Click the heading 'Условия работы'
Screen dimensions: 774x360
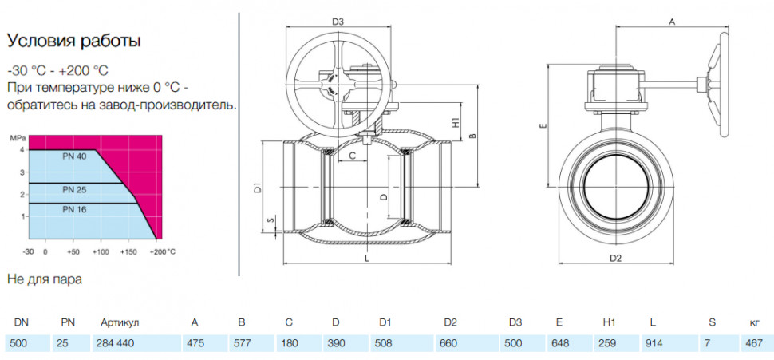point(73,41)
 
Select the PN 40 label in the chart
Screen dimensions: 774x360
point(74,156)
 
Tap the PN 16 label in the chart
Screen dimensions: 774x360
point(74,209)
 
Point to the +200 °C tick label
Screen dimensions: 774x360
point(164,251)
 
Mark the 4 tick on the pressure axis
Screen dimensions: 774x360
point(22,149)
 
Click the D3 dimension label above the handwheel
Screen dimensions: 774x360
point(338,22)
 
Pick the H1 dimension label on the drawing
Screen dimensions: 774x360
point(456,122)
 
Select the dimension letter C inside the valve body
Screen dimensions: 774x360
point(353,156)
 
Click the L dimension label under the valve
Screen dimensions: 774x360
point(365,258)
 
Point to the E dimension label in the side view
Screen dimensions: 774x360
point(543,126)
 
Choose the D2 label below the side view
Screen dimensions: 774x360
point(615,258)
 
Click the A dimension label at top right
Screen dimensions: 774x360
point(671,22)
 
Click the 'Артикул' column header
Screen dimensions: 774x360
point(120,323)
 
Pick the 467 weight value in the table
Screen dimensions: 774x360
point(754,343)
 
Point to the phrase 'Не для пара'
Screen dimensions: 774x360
point(45,279)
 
